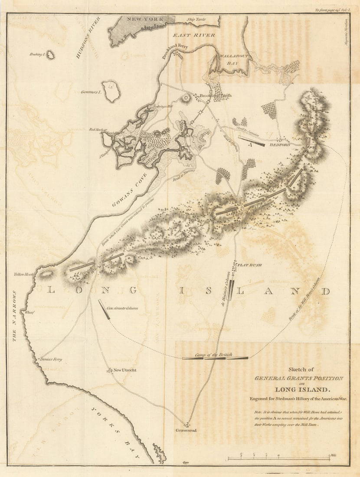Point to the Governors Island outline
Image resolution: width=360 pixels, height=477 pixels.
pos(111,91)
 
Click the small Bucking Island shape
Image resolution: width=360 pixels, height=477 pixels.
pos(50,55)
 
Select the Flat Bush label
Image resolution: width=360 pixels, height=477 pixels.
pos(250,265)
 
